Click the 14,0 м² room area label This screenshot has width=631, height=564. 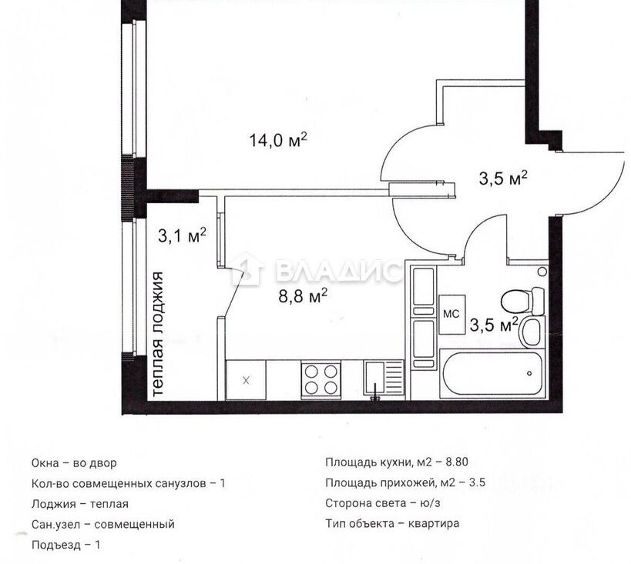click(x=278, y=140)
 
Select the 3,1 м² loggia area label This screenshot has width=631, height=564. click(x=182, y=235)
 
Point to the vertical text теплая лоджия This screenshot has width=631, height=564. click(x=158, y=334)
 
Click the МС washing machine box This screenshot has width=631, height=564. click(x=452, y=315)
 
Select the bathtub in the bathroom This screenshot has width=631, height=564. click(x=492, y=374)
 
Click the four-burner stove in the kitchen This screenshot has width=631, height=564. click(x=321, y=379)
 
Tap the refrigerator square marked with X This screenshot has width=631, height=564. click(x=246, y=380)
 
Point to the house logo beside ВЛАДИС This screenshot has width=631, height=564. click(x=247, y=269)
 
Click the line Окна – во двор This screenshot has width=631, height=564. click(x=74, y=463)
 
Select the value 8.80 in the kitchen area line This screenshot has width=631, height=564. click(x=457, y=462)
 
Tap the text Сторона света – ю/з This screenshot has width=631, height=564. click(x=383, y=503)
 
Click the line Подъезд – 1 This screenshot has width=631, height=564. click(x=65, y=545)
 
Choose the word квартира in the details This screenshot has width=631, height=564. click(x=434, y=524)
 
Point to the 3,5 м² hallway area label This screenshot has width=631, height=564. click(x=503, y=178)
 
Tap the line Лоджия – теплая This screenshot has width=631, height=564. click(x=79, y=504)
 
